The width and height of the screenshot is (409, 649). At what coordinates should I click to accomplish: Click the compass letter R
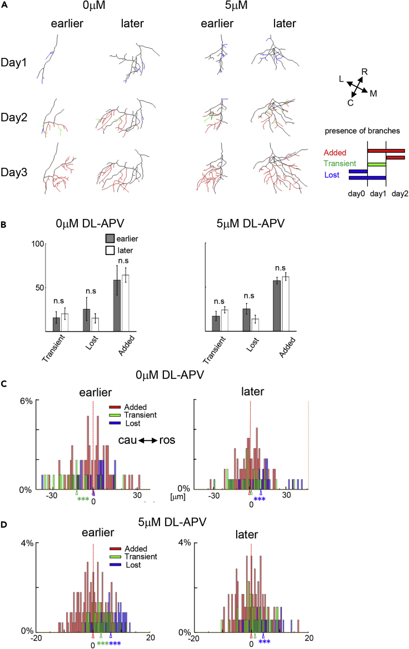click(x=365, y=71)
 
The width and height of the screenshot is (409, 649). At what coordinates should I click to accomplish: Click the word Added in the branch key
click(x=335, y=152)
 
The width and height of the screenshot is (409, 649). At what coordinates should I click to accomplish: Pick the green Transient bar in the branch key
click(x=377, y=164)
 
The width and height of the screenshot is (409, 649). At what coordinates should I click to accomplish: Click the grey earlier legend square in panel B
click(x=109, y=238)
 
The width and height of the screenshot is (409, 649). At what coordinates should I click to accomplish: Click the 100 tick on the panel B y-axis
click(x=37, y=243)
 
